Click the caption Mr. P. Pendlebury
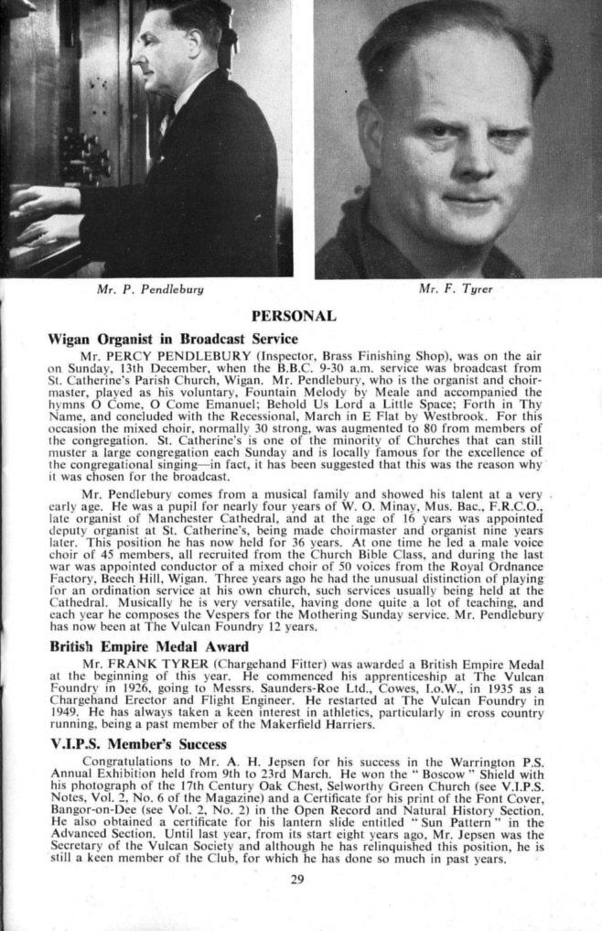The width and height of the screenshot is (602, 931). pyautogui.click(x=149, y=289)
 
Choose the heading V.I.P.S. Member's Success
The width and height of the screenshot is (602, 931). pyautogui.click(x=136, y=743)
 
